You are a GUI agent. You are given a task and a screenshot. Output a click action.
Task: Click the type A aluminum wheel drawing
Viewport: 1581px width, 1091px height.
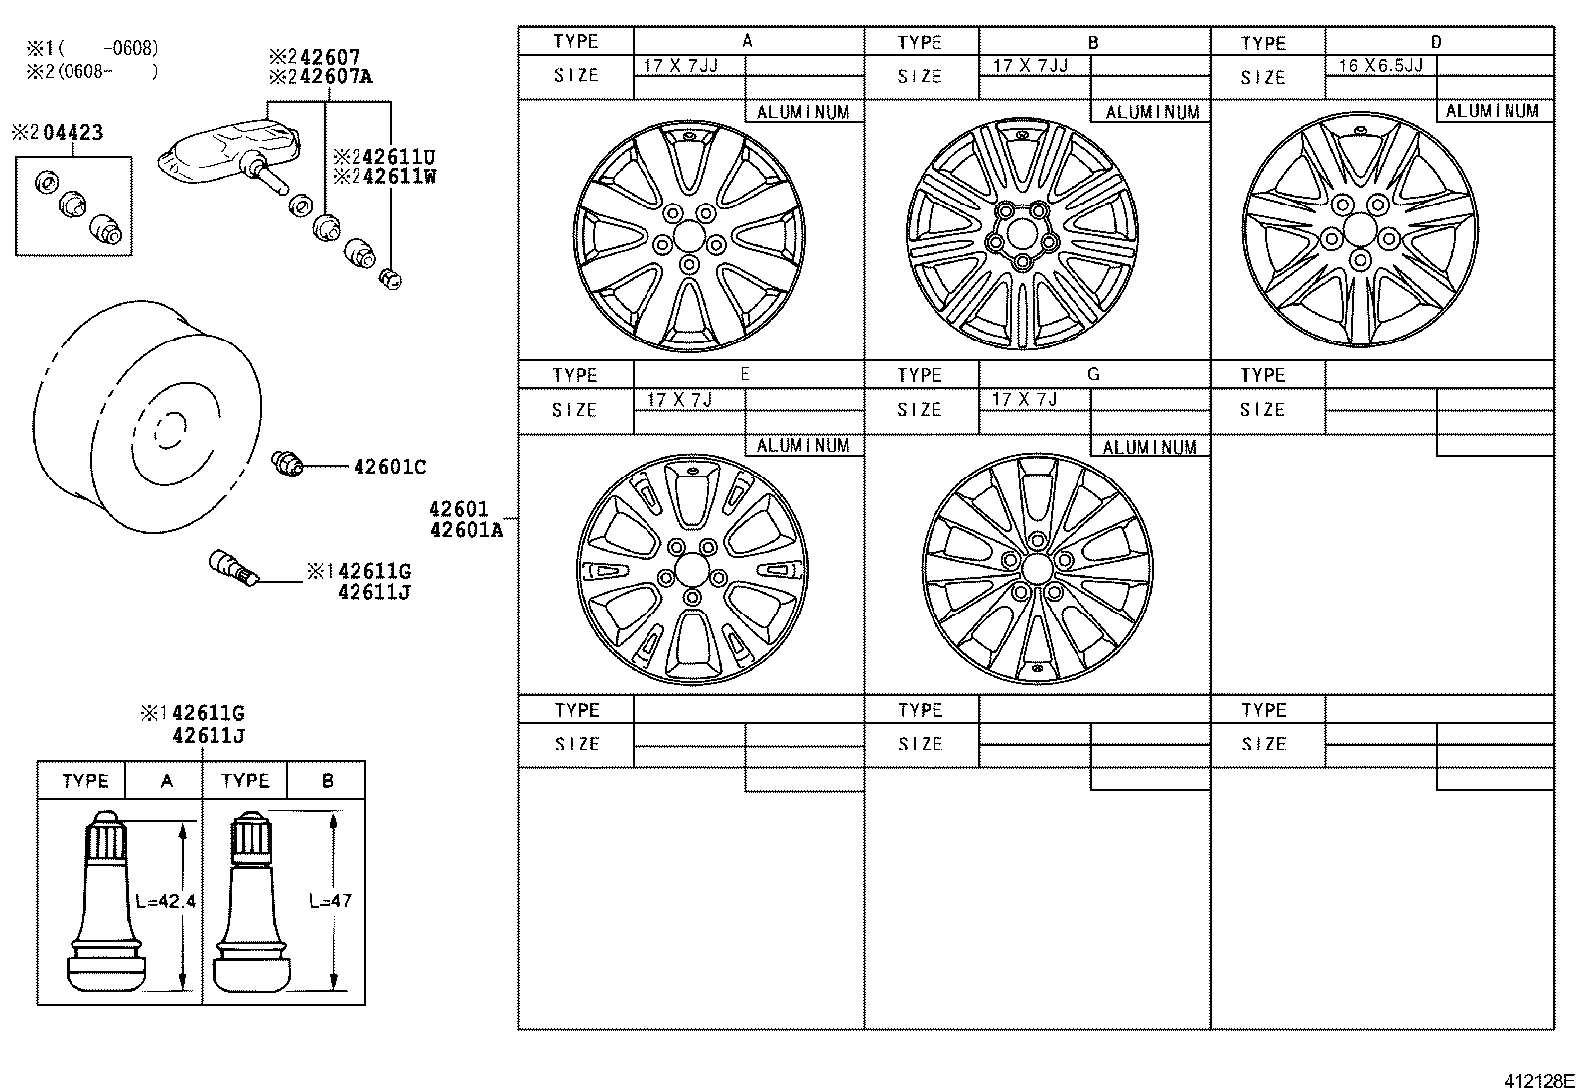pyautogui.click(x=690, y=236)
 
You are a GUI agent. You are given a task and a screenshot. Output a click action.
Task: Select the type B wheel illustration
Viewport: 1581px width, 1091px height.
pyautogui.click(x=1023, y=235)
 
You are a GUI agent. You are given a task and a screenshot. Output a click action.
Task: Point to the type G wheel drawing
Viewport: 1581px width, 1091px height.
pyautogui.click(x=1037, y=569)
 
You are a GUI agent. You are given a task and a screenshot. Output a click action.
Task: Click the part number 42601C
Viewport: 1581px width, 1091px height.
pyautogui.click(x=389, y=467)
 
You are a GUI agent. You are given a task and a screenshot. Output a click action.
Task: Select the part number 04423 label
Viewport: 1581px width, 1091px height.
pyautogui.click(x=71, y=132)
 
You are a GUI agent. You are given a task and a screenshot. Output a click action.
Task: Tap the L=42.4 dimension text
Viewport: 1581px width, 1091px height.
pyautogui.click(x=165, y=902)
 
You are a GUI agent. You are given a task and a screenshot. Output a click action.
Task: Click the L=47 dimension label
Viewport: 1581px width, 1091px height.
pyautogui.click(x=330, y=902)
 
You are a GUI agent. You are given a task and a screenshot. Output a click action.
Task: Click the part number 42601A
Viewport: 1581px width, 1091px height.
pyautogui.click(x=466, y=530)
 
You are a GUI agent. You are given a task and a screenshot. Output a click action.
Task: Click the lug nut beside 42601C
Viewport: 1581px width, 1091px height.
pyautogui.click(x=287, y=463)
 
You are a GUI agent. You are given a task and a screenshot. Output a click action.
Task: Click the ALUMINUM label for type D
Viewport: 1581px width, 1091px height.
pyautogui.click(x=1494, y=111)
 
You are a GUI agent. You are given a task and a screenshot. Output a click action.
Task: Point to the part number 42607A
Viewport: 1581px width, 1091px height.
pyautogui.click(x=328, y=76)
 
